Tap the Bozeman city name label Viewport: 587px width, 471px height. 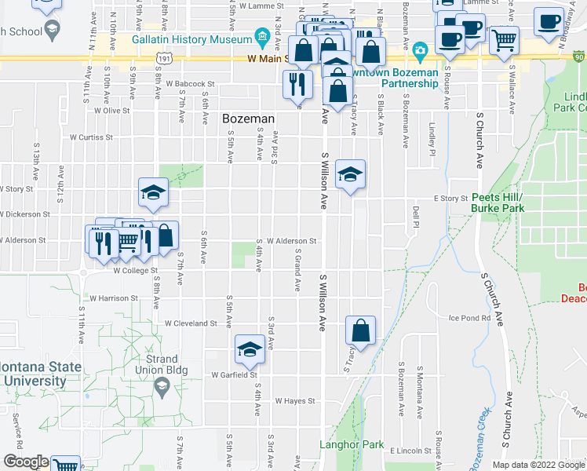tap(249, 119)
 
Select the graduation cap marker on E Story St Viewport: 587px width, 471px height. tap(350, 174)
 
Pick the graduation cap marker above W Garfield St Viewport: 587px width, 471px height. tap(250, 350)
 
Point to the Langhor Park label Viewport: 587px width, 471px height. tap(352, 444)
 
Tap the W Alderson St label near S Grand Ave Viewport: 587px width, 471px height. tap(291, 242)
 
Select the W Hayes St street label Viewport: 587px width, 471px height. tap(294, 400)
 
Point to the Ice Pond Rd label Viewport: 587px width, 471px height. tap(469, 318)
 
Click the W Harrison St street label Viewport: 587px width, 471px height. tap(114, 298)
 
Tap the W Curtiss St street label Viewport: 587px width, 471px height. tap(91, 137)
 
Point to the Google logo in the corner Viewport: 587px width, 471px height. tap(26, 462)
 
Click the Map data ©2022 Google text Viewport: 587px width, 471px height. tap(537, 465)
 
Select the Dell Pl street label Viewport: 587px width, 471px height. tap(415, 213)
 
